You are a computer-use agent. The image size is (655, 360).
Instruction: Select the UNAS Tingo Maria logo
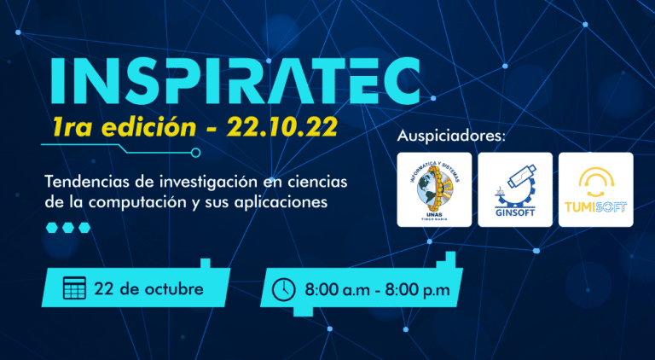tap(434, 189)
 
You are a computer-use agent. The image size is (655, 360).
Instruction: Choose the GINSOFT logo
tap(514, 189)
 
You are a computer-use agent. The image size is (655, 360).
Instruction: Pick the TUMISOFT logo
tap(595, 189)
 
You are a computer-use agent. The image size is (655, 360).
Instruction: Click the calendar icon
tap(75, 288)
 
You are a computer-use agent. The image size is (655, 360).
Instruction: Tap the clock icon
tap(283, 289)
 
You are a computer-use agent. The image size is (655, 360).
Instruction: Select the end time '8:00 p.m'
tap(417, 290)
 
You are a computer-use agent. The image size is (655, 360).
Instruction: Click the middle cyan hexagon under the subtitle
tap(67, 228)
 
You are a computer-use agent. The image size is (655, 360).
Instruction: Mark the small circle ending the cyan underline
tap(196, 153)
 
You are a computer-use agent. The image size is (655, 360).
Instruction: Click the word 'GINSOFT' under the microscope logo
tap(514, 213)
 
